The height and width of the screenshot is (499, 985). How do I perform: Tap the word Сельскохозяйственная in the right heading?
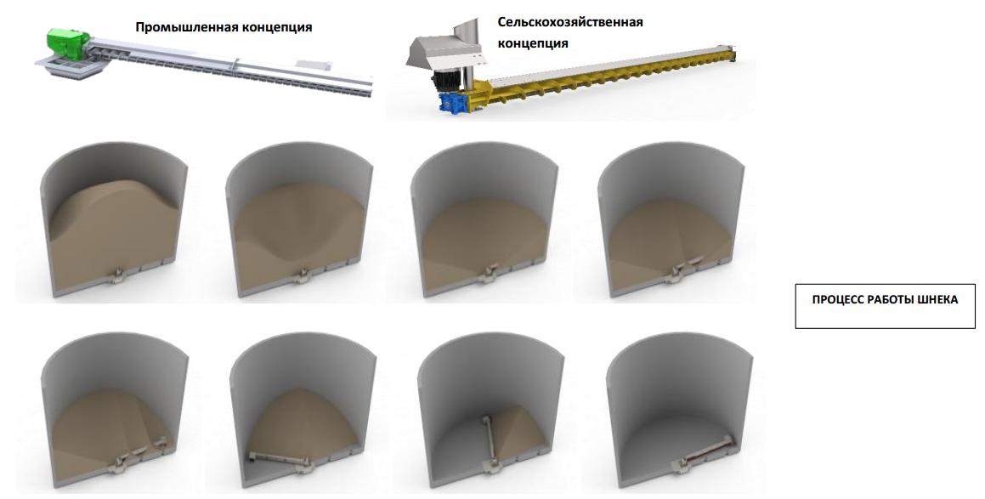(570, 23)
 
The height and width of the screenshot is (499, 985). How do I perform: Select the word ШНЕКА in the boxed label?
(936, 299)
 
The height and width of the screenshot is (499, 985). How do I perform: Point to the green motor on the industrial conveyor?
(68, 44)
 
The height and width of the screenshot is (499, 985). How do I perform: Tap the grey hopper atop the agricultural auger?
(444, 52)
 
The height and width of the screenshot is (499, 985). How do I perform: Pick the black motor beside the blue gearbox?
(448, 81)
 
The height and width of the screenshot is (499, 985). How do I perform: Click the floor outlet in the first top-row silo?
(116, 275)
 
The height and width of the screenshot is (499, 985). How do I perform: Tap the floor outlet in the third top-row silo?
(490, 274)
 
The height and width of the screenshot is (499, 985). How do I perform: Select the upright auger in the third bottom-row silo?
(490, 440)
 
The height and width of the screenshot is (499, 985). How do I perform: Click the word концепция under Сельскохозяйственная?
(533, 44)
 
